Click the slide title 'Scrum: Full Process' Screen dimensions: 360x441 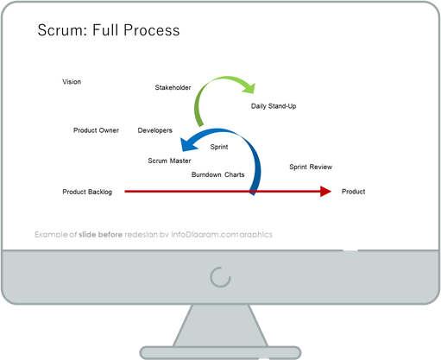[109, 31]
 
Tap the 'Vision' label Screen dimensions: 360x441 [72, 82]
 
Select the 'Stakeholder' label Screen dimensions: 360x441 [173, 88]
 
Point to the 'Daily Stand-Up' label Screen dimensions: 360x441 [274, 106]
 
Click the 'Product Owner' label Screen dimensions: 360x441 [96, 130]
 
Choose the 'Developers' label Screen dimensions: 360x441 [154, 130]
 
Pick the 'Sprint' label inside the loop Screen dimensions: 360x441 [219, 148]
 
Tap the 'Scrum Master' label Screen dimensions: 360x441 [169, 161]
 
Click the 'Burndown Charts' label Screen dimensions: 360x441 [217, 174]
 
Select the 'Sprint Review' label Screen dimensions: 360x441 [311, 167]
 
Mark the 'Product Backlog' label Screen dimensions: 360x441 [87, 192]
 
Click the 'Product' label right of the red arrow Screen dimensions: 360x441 [354, 192]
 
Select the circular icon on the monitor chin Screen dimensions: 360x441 [220, 277]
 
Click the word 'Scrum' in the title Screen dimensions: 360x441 [60, 31]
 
